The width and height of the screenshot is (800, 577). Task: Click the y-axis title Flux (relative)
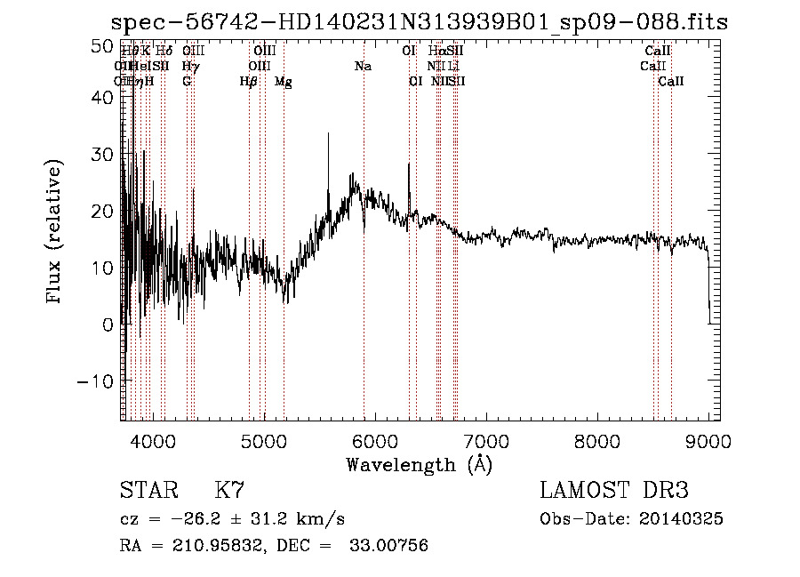[x=55, y=234]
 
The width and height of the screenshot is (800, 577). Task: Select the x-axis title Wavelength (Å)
[x=419, y=464]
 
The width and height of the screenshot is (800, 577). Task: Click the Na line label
[x=363, y=67]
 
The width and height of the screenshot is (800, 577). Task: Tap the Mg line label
[x=283, y=82]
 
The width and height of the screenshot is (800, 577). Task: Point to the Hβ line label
[x=249, y=82]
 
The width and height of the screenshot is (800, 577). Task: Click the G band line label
[x=187, y=82]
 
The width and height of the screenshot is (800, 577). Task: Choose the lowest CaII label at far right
[x=671, y=82]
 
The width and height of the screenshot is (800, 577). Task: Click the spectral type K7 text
[x=229, y=491]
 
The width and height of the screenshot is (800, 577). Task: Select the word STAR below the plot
[x=145, y=491]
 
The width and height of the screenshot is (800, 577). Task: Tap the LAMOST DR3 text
[x=614, y=491]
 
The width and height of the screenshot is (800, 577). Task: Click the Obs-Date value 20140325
[x=685, y=519]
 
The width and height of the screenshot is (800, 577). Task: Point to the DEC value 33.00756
[x=388, y=546]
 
